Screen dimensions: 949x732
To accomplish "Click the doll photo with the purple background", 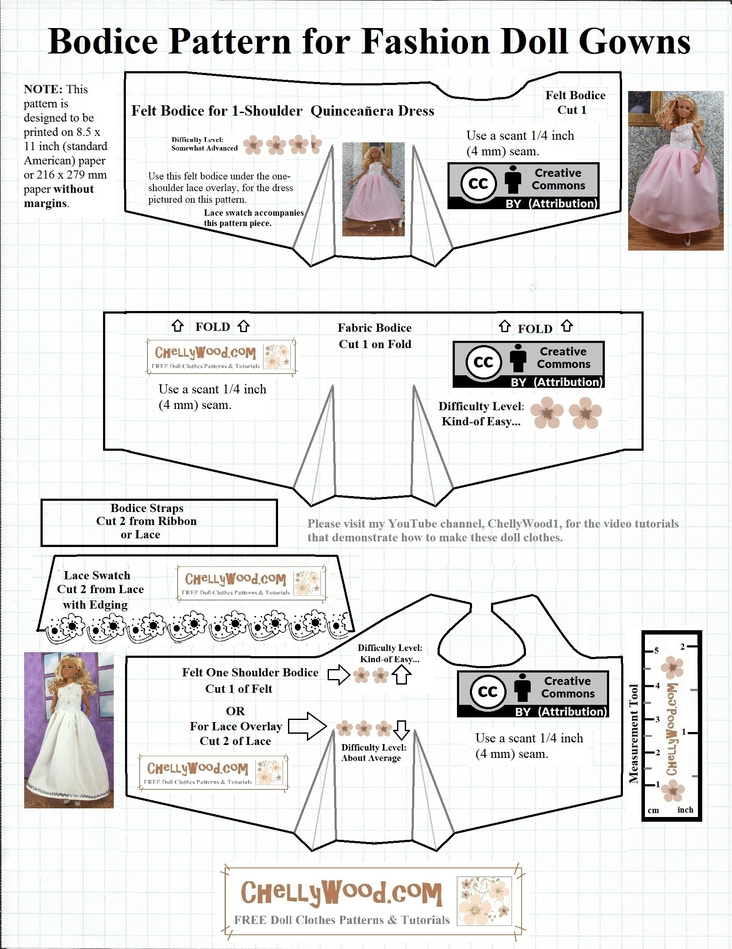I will tap(69, 730).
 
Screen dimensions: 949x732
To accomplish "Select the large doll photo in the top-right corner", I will tap(675, 170).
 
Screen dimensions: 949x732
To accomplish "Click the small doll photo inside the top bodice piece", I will tap(373, 189).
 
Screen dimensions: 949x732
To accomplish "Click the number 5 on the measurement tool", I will tap(657, 650).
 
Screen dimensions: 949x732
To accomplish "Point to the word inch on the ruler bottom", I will tap(685, 810).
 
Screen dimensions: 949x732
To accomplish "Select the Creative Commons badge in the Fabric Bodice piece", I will tap(529, 365).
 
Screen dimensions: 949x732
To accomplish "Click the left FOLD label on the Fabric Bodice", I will tap(212, 327).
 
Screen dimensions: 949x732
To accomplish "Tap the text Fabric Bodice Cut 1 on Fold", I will tap(375, 336).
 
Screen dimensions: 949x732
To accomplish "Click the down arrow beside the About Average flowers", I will tap(401, 730).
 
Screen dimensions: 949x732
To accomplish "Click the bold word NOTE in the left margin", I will tap(43, 90).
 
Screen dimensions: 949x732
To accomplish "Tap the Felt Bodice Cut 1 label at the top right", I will tap(574, 103).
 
